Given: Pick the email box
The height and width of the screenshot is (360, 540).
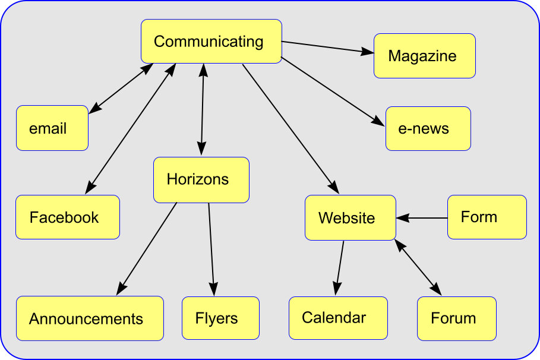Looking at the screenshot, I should [52, 128].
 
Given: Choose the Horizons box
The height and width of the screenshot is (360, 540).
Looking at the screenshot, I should [201, 179].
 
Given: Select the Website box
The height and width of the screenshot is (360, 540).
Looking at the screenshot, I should [350, 217].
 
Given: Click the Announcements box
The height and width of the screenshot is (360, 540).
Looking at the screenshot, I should [89, 318].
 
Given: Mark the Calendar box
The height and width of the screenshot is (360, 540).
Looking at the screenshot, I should [338, 318].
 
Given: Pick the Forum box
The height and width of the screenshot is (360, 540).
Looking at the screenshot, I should [456, 318].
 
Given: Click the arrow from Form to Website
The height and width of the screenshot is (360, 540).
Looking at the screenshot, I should [422, 218].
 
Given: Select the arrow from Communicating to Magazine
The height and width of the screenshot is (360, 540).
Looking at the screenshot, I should [328, 48].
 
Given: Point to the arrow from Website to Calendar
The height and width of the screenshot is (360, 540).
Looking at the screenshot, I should [340, 267].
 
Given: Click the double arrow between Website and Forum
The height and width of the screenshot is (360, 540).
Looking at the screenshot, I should [419, 268].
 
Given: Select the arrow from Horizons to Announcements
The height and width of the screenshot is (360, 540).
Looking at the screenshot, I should [147, 248].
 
